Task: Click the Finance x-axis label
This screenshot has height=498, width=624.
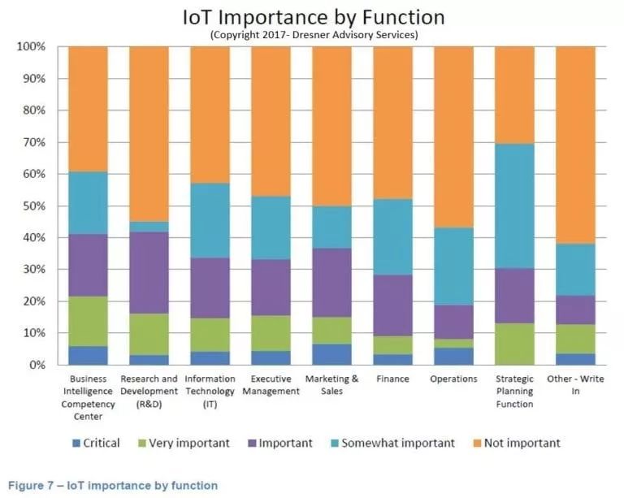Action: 392,379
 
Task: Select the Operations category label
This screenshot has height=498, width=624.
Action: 453,379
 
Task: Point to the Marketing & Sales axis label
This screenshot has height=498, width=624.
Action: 331,385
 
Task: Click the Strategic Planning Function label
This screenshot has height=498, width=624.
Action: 514,392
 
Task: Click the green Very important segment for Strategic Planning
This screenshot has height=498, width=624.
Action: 514,344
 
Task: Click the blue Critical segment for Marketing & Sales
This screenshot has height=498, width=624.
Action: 331,354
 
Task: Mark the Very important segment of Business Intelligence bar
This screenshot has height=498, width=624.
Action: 89,322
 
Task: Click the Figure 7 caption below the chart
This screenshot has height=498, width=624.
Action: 113,486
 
